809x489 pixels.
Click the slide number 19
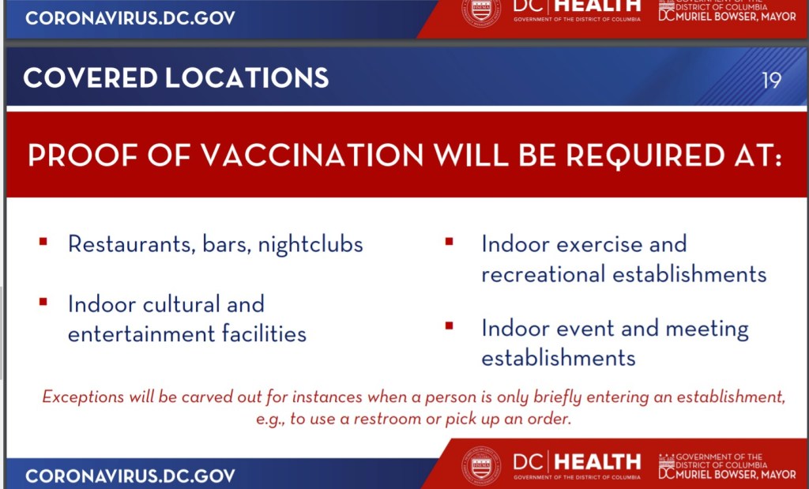pos(771,80)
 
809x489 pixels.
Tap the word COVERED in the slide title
pos(90,78)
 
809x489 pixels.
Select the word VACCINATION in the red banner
pos(311,154)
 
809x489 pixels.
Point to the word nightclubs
pos(310,244)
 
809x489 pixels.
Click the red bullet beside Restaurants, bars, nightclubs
pos(43,241)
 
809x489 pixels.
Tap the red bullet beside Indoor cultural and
pos(43,302)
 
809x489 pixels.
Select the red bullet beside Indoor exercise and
pos(449,241)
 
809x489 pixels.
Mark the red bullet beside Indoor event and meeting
pos(449,325)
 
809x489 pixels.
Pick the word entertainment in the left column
pos(141,334)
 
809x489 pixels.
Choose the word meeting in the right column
pos(707,329)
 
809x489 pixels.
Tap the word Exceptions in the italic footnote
pos(83,397)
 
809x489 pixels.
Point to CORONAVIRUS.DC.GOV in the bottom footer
pos(130,476)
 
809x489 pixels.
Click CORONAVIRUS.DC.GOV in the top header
pos(130,17)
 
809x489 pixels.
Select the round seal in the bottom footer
pos(481,466)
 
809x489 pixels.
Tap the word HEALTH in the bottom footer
pos(598,461)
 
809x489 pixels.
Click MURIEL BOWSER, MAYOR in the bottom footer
pos(736,473)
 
